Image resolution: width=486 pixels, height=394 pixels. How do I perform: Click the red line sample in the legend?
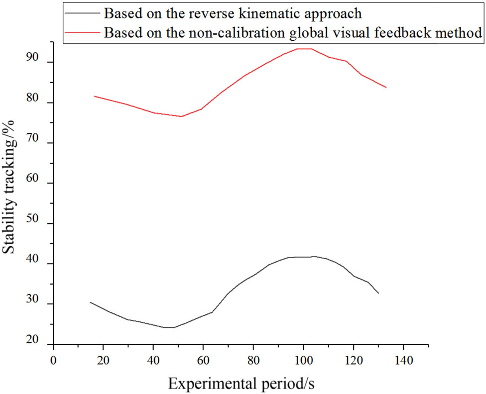(82, 32)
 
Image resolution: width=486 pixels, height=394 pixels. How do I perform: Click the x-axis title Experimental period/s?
(241, 383)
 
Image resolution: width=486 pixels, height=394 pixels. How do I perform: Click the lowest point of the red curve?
(181, 116)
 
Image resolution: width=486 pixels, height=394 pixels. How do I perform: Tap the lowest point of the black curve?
(168, 327)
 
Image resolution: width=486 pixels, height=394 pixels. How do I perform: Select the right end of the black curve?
(378, 294)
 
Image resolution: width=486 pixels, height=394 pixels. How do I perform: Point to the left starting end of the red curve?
(94, 96)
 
